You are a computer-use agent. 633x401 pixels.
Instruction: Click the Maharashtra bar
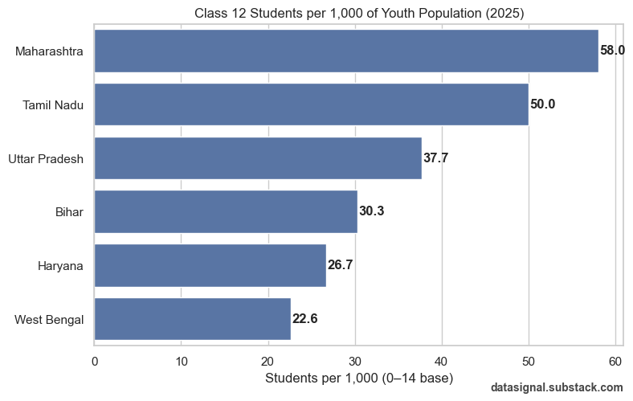(x=346, y=51)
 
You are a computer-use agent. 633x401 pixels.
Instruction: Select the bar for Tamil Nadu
(x=312, y=104)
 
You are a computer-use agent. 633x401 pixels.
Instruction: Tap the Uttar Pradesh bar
(x=258, y=158)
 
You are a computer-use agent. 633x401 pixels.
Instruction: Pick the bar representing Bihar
(x=226, y=211)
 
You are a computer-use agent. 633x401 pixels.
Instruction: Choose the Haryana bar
(x=210, y=265)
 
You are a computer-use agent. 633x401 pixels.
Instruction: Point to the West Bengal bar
(x=193, y=319)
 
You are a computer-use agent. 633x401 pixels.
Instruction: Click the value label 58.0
(x=612, y=51)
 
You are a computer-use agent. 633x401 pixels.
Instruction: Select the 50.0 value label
(x=542, y=104)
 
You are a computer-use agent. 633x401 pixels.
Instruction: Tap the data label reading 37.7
(x=435, y=158)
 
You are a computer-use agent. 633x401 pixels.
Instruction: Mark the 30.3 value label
(x=371, y=211)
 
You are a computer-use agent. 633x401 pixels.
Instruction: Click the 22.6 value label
(x=304, y=319)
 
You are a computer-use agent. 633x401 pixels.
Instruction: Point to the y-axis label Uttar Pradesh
(x=46, y=158)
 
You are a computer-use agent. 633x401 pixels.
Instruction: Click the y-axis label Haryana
(x=60, y=265)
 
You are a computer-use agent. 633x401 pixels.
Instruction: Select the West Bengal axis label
(x=49, y=319)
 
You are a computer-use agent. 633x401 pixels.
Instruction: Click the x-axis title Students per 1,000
(x=359, y=378)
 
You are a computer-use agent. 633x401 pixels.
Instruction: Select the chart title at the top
(x=359, y=12)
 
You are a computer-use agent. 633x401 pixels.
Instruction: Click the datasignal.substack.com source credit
(x=557, y=387)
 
